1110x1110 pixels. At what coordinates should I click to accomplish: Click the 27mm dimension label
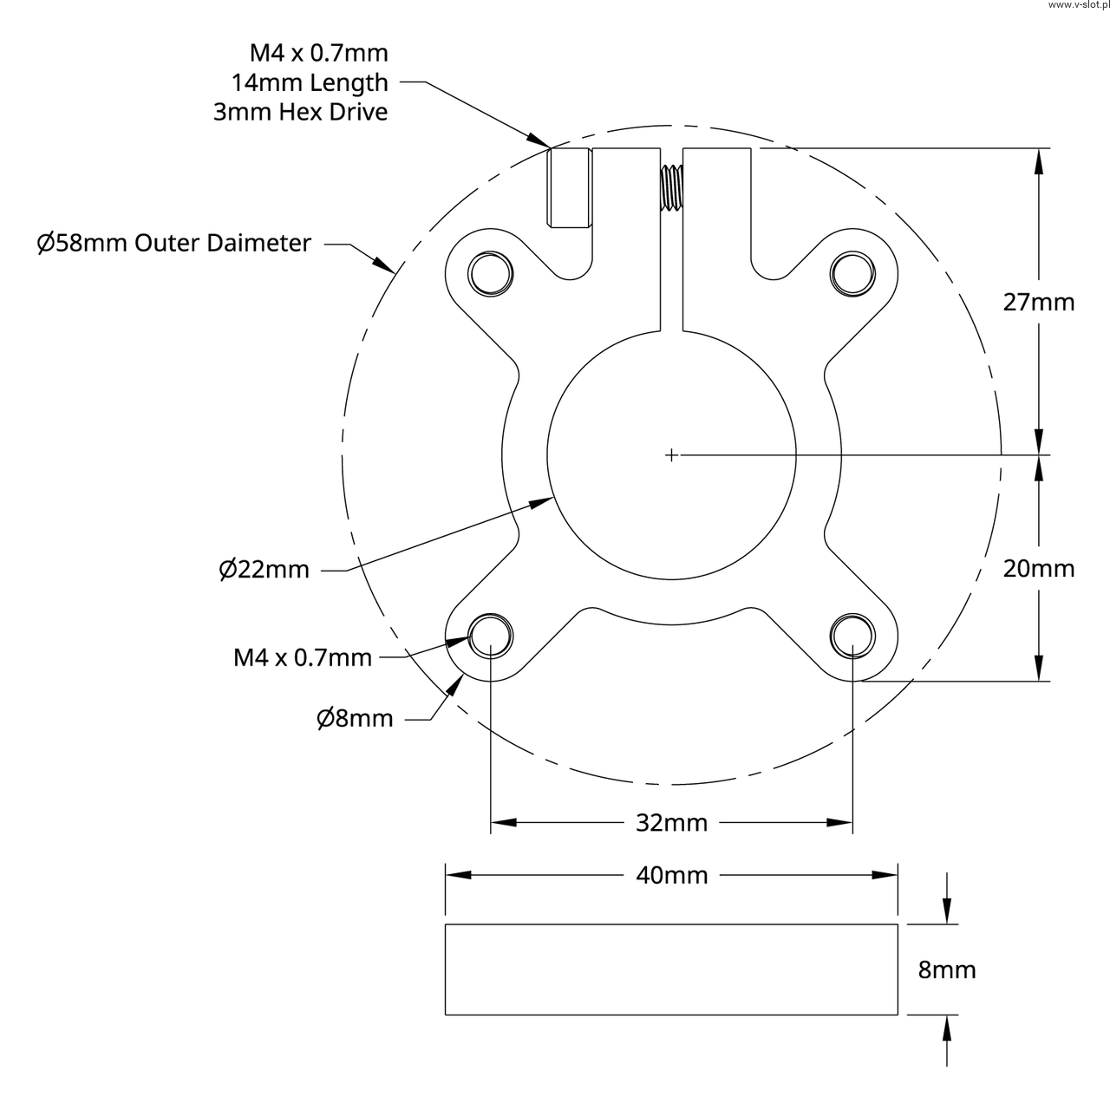(1038, 302)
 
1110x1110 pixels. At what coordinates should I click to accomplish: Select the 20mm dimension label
(1038, 568)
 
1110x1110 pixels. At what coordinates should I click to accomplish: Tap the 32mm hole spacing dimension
(671, 822)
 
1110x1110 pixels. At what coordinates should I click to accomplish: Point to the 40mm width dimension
(671, 875)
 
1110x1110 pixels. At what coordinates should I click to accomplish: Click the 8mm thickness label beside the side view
(947, 969)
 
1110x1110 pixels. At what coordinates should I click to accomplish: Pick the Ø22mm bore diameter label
(264, 570)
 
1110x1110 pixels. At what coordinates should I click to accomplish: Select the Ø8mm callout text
(354, 718)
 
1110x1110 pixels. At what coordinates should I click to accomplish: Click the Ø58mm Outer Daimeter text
(173, 243)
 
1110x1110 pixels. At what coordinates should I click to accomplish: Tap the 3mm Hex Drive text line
(300, 112)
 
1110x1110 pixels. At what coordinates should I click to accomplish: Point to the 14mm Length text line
(310, 83)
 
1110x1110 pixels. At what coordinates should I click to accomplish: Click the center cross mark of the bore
(671, 454)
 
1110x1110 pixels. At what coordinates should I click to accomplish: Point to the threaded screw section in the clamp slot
(671, 187)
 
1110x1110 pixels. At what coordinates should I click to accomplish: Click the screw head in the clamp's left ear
(570, 188)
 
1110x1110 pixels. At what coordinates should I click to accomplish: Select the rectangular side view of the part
(671, 969)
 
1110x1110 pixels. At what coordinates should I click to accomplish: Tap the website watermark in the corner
(1077, 5)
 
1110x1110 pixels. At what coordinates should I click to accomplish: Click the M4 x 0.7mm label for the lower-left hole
(303, 657)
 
